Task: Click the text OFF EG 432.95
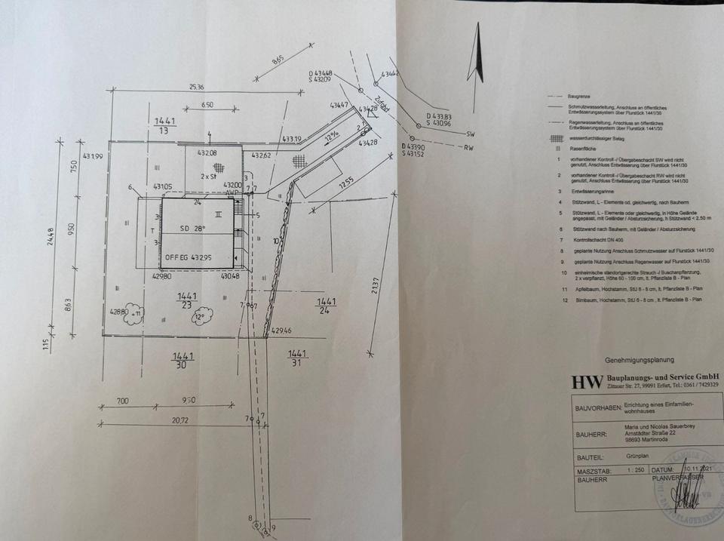coord(190,257)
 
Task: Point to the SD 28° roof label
coord(192,227)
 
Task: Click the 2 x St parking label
coord(207,176)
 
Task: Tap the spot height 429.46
coord(281,330)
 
